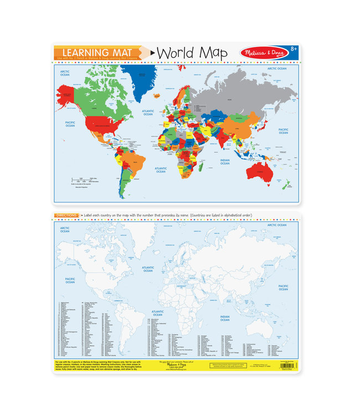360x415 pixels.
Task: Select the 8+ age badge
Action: [292, 51]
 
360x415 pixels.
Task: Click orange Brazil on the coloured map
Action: [132, 163]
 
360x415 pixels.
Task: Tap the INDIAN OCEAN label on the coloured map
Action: [224, 162]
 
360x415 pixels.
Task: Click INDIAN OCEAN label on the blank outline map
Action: [224, 319]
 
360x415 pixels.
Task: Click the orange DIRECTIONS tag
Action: [66, 215]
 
